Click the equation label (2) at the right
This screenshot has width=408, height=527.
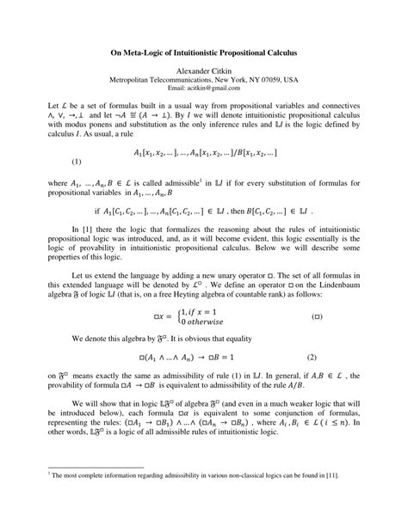tap(312, 355)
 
